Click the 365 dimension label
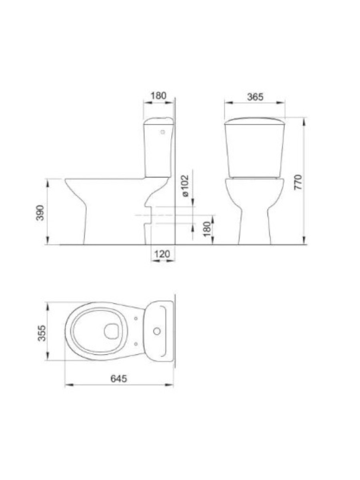(255, 97)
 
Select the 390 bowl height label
(40, 213)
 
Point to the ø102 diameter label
(185, 186)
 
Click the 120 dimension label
(162, 254)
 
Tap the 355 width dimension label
(42, 333)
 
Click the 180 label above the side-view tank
(159, 96)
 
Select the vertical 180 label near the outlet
(207, 229)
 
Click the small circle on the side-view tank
(163, 132)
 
